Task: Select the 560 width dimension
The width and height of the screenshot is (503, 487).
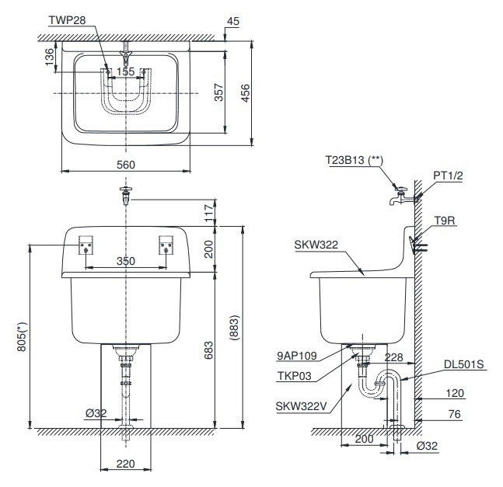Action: [x=126, y=164]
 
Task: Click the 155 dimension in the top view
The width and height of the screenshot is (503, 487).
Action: [x=126, y=71]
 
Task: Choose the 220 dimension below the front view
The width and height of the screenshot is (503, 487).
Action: [x=126, y=464]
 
